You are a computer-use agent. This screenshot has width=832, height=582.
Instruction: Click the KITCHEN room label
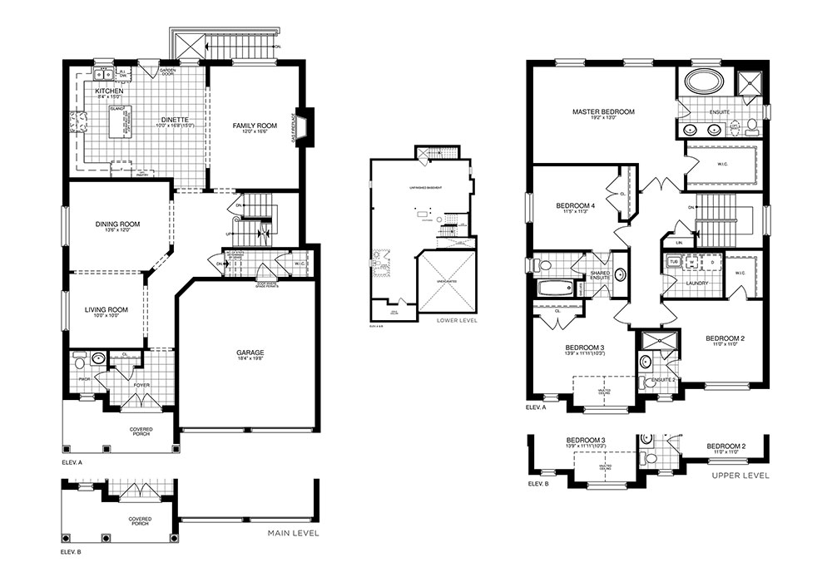tap(109, 91)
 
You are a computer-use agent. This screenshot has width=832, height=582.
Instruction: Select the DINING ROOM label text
tap(116, 224)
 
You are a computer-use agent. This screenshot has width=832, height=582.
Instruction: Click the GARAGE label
tap(250, 352)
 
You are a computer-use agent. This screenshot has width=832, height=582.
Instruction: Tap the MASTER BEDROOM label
tap(603, 111)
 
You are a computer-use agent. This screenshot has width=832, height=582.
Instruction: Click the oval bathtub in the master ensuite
tap(705, 83)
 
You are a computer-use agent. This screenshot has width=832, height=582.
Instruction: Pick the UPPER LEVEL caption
tap(740, 476)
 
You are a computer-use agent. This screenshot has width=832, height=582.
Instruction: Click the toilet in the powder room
tap(80, 363)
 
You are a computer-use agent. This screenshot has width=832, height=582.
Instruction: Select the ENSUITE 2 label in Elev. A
tap(662, 379)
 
